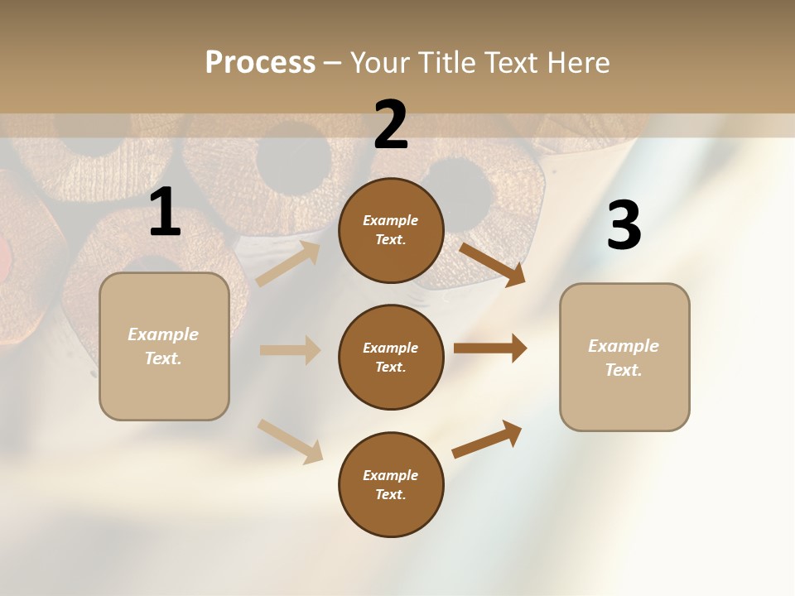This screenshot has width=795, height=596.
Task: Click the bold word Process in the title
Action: click(x=260, y=62)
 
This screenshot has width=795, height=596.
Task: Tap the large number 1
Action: click(x=165, y=213)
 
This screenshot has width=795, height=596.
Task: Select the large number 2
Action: click(x=391, y=125)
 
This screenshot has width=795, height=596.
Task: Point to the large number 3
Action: click(x=624, y=225)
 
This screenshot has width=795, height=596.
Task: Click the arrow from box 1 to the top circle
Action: click(x=288, y=264)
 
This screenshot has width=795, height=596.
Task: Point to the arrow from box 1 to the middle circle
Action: click(x=290, y=350)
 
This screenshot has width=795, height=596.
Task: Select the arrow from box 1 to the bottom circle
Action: click(x=290, y=441)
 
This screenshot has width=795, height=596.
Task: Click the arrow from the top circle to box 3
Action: click(x=493, y=264)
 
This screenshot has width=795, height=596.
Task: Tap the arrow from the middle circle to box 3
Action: click(x=490, y=348)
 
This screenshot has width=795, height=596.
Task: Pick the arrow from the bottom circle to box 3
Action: click(x=487, y=439)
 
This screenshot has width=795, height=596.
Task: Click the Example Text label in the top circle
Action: click(x=391, y=230)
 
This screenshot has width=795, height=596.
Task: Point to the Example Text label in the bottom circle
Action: click(x=391, y=485)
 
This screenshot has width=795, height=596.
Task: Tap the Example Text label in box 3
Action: click(x=624, y=358)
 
